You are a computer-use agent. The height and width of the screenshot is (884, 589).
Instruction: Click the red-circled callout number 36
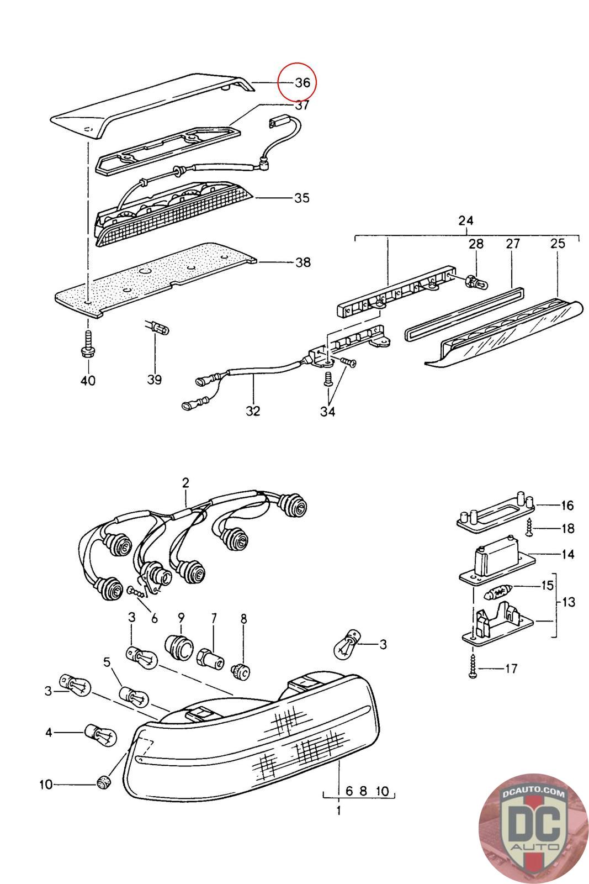coord(303,83)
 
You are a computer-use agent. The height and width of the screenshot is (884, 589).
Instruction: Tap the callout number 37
coord(302,105)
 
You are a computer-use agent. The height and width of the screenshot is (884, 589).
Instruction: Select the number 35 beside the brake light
coord(302,198)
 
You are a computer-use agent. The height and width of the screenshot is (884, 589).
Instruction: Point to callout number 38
coord(303,262)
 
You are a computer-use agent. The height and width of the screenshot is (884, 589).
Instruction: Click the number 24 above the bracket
coord(466,221)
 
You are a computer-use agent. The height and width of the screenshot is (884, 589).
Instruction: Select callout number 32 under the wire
coord(253,411)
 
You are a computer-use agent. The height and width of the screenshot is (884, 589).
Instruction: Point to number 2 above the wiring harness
coord(185,482)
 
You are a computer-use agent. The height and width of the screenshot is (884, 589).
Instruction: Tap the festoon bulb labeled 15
coord(499,594)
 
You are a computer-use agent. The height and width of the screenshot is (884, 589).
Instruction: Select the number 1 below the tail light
coord(338,811)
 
